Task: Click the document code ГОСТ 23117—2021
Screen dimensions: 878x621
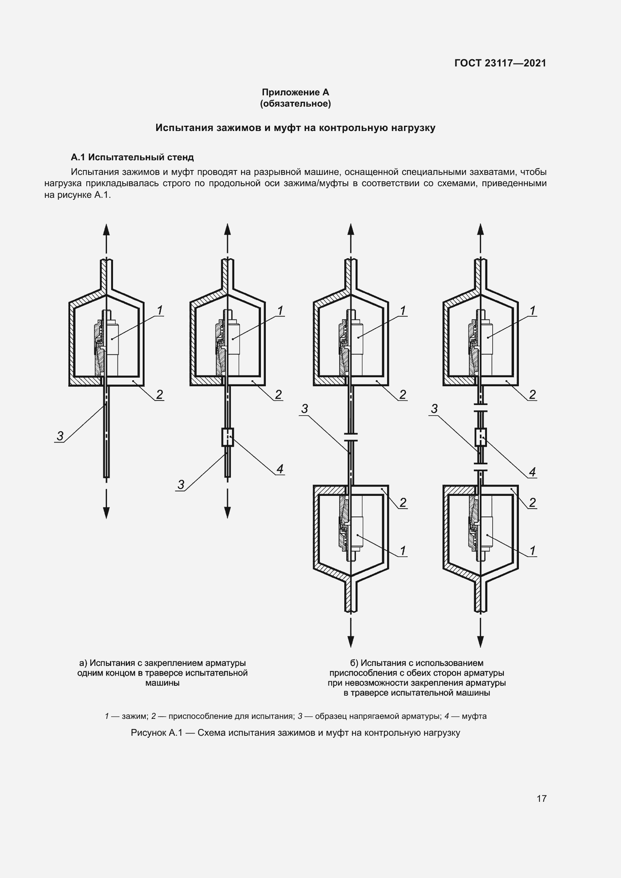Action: [x=500, y=63]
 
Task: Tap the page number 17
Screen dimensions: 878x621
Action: [x=541, y=798]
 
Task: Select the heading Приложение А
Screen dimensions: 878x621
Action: [x=295, y=92]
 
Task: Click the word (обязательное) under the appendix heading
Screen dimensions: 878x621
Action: [x=295, y=104]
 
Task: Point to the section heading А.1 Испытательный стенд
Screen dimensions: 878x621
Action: [x=132, y=157]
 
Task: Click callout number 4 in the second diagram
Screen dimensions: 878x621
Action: [x=280, y=469]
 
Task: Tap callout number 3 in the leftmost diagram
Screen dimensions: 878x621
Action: [x=60, y=435]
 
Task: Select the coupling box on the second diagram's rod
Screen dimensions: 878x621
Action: [x=228, y=437]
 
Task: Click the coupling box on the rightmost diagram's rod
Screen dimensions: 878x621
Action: [x=480, y=437]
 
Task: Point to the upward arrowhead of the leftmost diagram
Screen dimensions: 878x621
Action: [x=106, y=230]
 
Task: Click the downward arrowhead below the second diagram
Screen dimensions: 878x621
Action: [x=228, y=512]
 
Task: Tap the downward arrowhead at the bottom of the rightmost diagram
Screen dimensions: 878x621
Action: [x=481, y=641]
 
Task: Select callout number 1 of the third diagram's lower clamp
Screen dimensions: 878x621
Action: [x=402, y=551]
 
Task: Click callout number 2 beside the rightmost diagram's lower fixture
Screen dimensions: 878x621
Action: [x=532, y=503]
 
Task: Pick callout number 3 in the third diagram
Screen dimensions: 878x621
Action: [x=304, y=409]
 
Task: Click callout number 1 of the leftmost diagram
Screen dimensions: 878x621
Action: [x=160, y=310]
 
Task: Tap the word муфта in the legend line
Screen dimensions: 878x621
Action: [x=474, y=716]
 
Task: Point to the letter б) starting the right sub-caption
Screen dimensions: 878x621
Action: [x=354, y=663]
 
